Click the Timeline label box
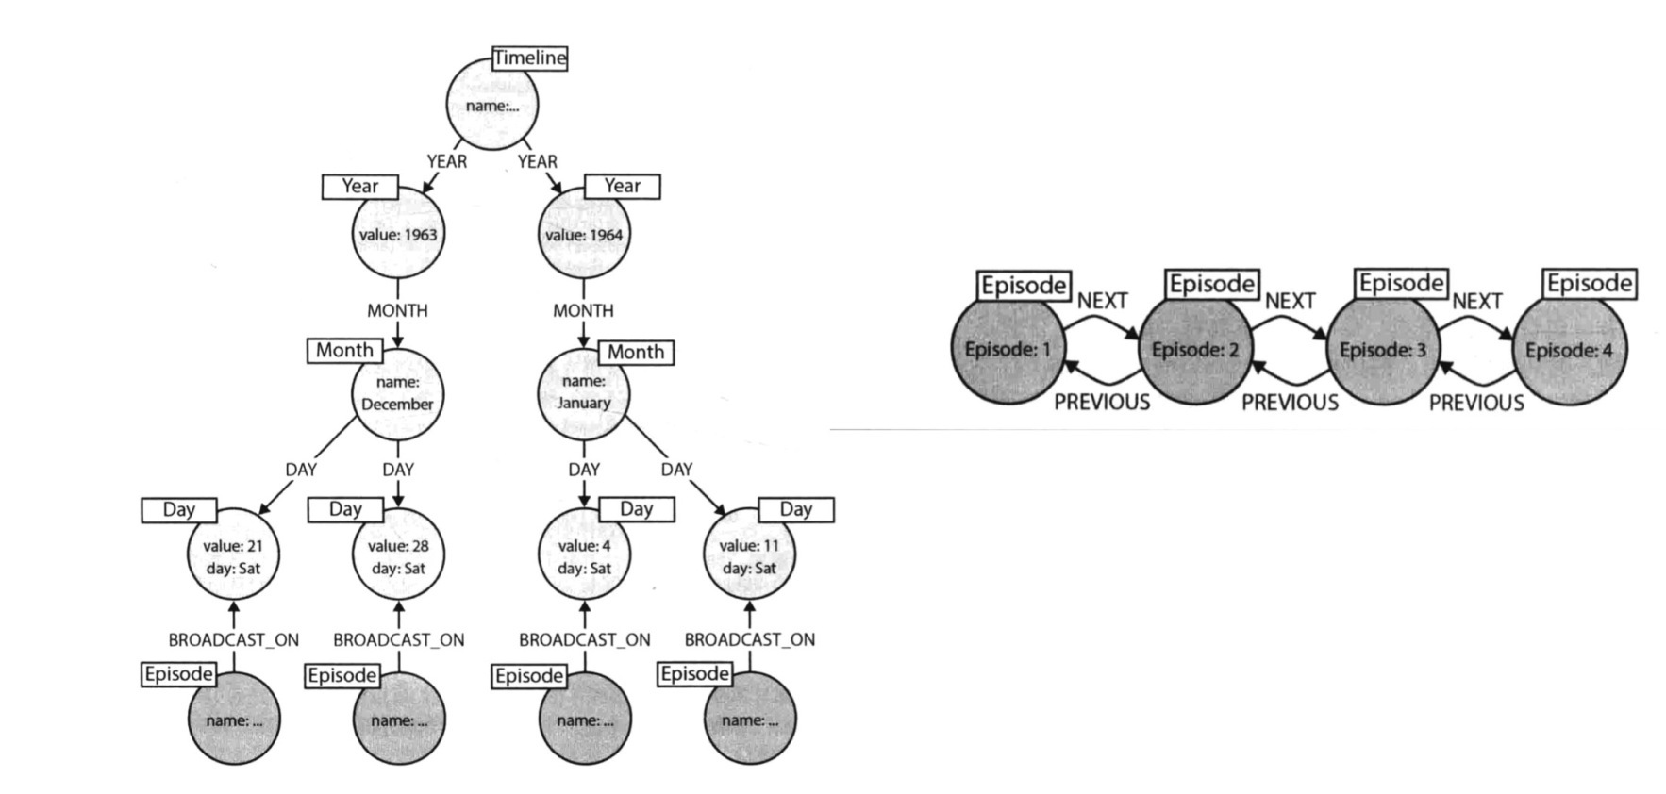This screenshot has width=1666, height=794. [530, 58]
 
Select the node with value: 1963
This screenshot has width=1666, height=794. [397, 234]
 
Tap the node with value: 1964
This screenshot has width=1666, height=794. [584, 234]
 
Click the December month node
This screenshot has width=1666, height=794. [397, 393]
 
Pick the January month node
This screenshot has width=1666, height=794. [584, 392]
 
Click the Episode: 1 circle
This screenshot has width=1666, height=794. [1008, 350]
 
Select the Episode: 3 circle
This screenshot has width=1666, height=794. [1383, 350]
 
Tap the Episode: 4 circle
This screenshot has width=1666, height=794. [1570, 350]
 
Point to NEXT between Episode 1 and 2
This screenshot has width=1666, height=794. [1102, 301]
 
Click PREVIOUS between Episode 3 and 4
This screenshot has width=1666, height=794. [1476, 404]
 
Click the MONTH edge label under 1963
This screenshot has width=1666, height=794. [397, 310]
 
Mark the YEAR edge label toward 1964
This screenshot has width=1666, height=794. [538, 161]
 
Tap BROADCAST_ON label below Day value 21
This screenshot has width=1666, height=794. [233, 639]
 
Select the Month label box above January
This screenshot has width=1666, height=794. [636, 352]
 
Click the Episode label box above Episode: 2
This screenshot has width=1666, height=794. [1212, 284]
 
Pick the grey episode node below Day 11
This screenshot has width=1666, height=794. [750, 720]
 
